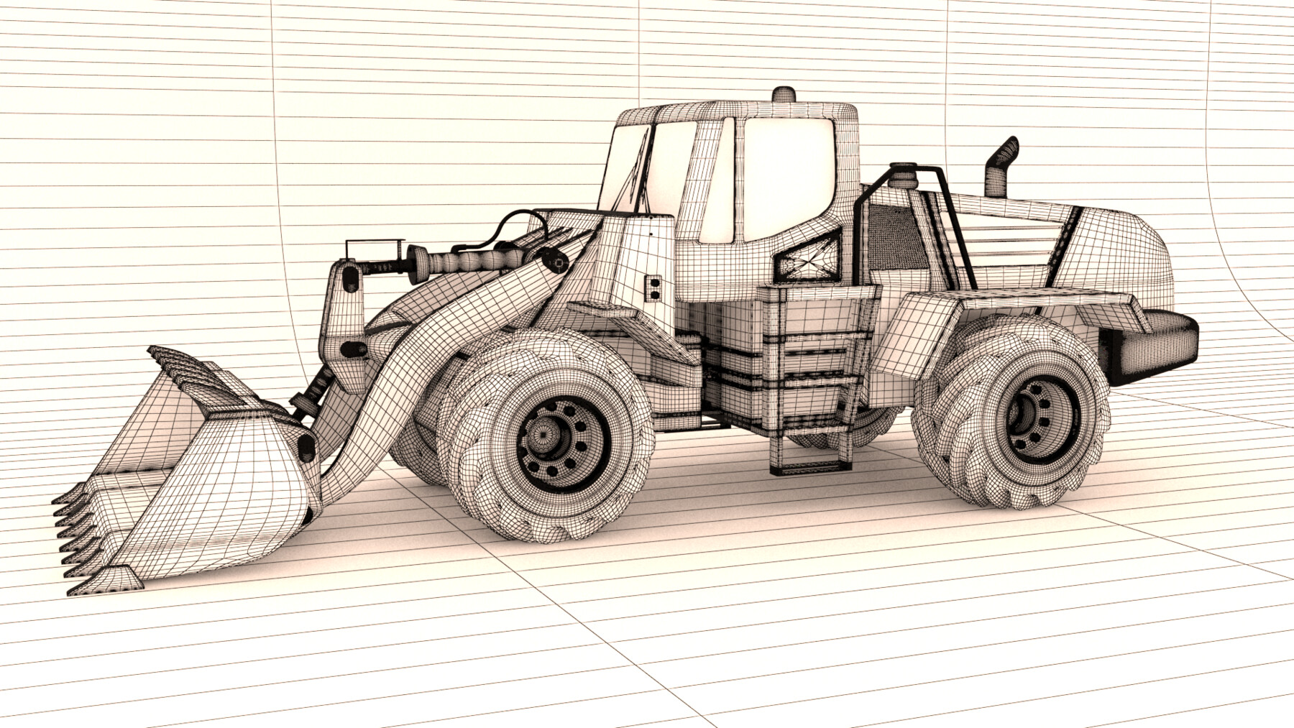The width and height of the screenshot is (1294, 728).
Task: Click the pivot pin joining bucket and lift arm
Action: [x=308, y=446]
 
